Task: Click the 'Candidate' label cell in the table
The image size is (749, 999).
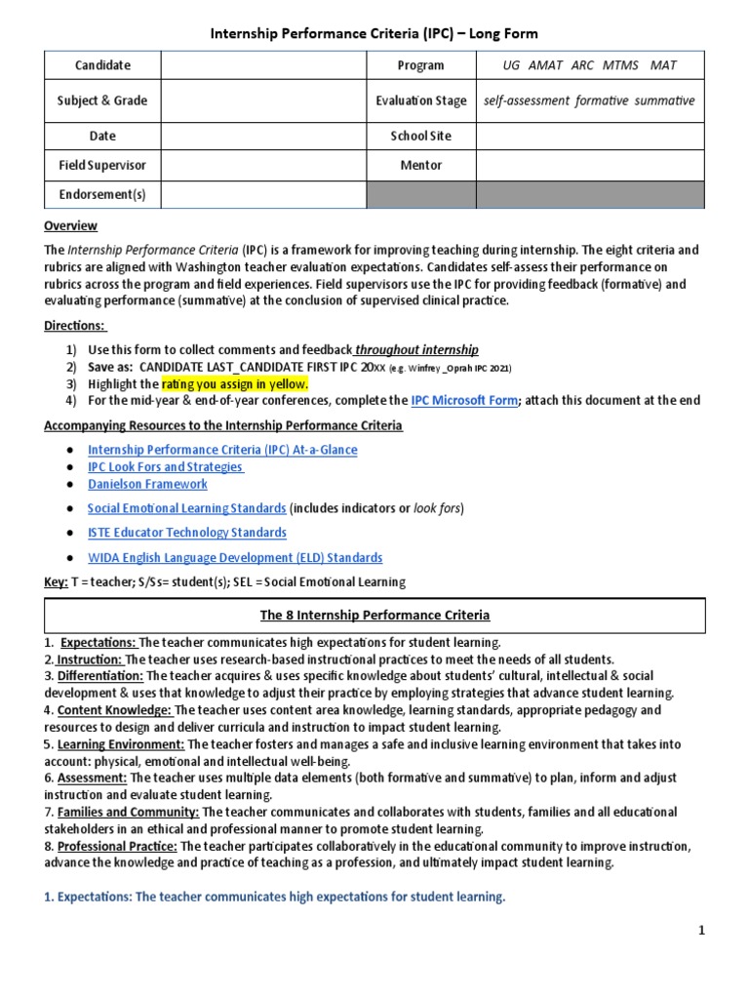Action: click(103, 65)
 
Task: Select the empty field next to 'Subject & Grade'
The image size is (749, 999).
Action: click(262, 100)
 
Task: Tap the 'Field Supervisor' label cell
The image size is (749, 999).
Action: click(103, 166)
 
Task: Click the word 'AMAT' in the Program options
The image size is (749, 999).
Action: click(546, 65)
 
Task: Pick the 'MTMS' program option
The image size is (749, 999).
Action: click(620, 65)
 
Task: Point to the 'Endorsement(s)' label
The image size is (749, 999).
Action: click(103, 195)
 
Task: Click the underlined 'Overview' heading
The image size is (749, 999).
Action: click(71, 226)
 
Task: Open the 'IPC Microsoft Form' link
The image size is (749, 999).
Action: click(464, 400)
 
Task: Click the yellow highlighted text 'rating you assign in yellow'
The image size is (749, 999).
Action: click(235, 383)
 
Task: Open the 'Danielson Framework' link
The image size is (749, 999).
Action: click(147, 484)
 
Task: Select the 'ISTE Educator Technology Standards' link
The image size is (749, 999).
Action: click(187, 533)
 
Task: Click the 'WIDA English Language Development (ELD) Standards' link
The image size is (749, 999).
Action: click(235, 558)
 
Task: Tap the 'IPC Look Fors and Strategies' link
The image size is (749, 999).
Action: click(165, 467)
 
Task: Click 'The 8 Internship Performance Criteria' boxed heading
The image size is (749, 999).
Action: click(374, 616)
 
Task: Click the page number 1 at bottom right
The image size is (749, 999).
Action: click(701, 932)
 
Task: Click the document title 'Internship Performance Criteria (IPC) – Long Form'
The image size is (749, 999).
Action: click(374, 34)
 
